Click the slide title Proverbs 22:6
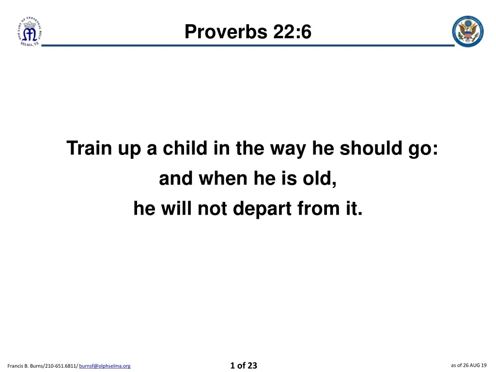tap(248, 32)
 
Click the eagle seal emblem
tap(467, 31)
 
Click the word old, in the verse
tap(320, 179)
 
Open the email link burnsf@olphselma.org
tap(105, 366)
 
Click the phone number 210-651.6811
tap(60, 366)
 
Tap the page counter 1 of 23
tap(244, 365)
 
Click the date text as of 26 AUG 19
tap(468, 365)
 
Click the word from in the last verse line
tap(317, 209)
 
